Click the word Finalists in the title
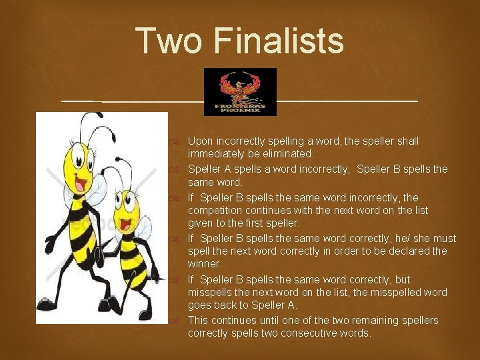tap(279, 41)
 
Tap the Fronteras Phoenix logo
tap(240, 91)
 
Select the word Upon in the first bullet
tap(199, 141)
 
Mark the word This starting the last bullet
tap(197, 321)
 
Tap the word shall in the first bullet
tap(406, 141)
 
